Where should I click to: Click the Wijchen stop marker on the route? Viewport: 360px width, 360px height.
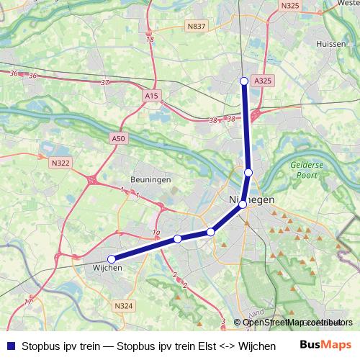pos(111,258)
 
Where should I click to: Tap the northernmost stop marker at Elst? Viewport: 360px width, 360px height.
pos(244,81)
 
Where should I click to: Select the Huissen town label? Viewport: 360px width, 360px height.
pos(331,44)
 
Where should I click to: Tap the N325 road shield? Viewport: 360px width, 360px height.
pos(290,6)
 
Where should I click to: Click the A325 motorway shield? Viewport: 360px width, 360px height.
pos(264,81)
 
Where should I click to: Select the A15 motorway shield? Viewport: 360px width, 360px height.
pos(151,95)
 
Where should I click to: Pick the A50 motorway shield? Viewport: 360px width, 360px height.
pos(119,138)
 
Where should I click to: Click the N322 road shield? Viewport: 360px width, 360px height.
pos(60,163)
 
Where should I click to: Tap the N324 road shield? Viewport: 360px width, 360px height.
pos(123,306)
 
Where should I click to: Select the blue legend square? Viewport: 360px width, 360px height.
pos(10,346)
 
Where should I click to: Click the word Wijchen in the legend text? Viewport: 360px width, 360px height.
pos(256,346)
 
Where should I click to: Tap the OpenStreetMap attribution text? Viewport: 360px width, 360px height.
pos(295,323)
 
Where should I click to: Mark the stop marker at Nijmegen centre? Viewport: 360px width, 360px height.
pos(243,204)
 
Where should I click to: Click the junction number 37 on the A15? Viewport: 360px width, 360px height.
pos(106,83)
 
